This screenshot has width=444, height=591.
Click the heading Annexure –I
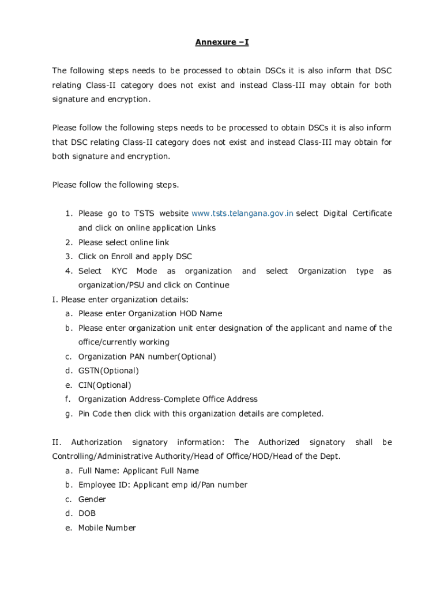(x=222, y=42)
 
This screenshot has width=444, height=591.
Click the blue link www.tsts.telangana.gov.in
(x=242, y=214)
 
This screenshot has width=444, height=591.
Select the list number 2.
(x=68, y=242)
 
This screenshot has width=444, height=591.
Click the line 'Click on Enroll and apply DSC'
(x=135, y=256)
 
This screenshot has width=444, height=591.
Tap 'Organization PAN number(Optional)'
(x=147, y=357)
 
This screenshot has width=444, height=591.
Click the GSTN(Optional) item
(x=108, y=371)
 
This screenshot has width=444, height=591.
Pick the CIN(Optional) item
(x=104, y=385)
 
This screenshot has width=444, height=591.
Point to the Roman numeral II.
(x=57, y=442)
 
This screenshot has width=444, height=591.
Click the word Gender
(x=92, y=499)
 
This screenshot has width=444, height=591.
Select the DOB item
(x=87, y=513)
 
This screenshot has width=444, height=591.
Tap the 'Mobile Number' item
(x=107, y=528)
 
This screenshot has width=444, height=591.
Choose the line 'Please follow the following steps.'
(x=115, y=185)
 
